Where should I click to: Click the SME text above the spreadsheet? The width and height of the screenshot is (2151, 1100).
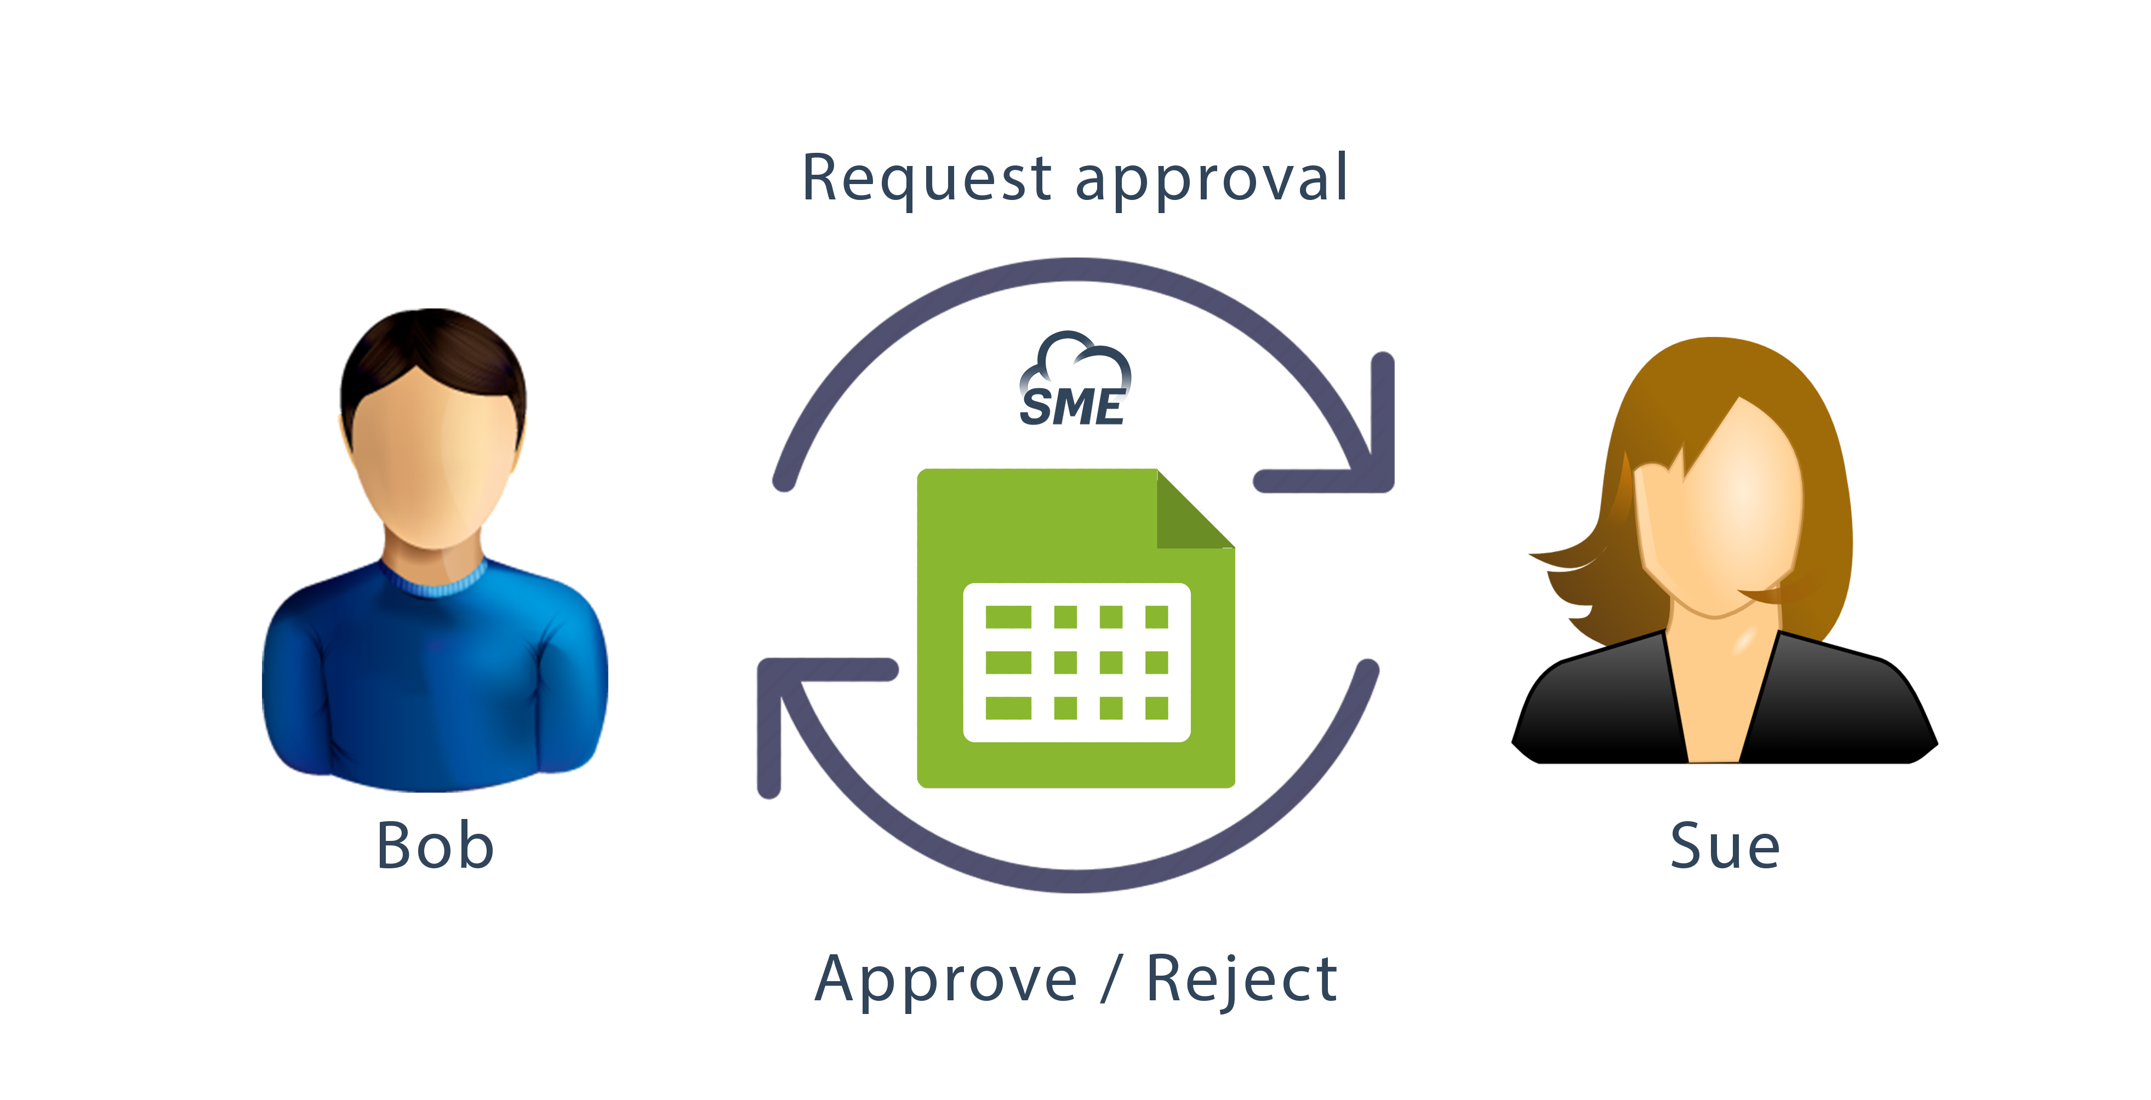(x=1075, y=405)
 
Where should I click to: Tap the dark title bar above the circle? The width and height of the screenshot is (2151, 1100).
(x=1075, y=181)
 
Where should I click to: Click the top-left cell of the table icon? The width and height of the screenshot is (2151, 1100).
(x=1008, y=617)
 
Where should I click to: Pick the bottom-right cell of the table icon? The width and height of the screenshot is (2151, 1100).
(x=1156, y=708)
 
